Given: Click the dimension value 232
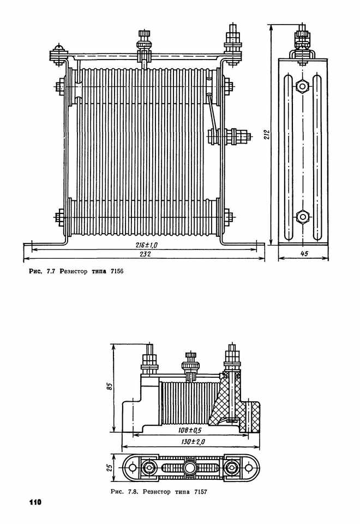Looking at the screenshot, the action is (145, 254).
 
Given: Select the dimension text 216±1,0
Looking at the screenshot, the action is (147, 245).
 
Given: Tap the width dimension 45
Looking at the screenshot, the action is (304, 254).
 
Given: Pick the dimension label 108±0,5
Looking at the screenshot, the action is (190, 431).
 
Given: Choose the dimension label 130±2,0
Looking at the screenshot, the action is (193, 442).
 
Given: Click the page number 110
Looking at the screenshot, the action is (35, 502).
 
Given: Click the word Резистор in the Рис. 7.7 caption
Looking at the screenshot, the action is (74, 271).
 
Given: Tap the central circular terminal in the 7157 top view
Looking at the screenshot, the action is (191, 467).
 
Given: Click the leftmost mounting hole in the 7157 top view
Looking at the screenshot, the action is (133, 467).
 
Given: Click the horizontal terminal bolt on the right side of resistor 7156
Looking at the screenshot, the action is (229, 136).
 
